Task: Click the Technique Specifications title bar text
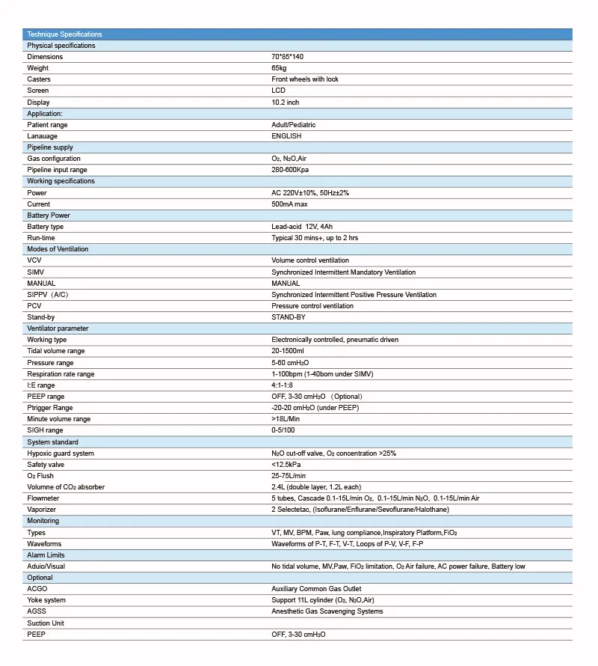[64, 34]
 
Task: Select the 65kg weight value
[279, 68]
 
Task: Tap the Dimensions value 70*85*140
[287, 57]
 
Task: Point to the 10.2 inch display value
[285, 103]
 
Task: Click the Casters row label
[39, 79]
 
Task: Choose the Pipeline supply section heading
[50, 147]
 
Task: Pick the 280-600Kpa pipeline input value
[292, 170]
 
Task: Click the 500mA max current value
[289, 204]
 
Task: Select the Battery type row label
[45, 227]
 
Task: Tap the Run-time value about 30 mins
[315, 238]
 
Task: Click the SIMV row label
[35, 272]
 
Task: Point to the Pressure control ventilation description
[312, 306]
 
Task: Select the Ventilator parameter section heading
[58, 329]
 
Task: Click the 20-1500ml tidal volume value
[288, 351]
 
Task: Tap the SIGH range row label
[45, 430]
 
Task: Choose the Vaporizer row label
[42, 510]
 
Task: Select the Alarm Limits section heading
[46, 555]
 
